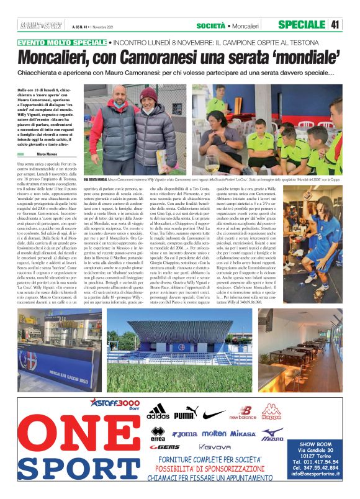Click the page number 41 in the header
pos(336,25)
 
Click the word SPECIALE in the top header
pos(302,25)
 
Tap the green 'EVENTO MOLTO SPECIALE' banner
pos(61,43)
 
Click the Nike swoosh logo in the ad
pos(213,413)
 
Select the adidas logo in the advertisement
pos(158,412)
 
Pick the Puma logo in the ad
pos(185,413)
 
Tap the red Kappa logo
pos(271,412)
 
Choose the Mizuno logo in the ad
pos(272,434)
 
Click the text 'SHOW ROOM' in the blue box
pos(316,444)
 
